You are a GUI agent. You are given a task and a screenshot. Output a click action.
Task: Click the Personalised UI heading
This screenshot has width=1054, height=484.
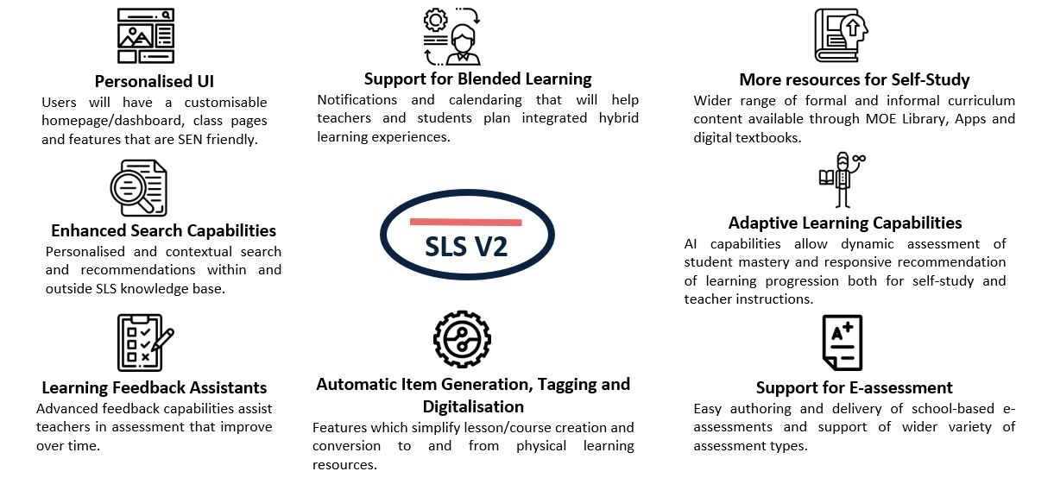pyautogui.click(x=155, y=81)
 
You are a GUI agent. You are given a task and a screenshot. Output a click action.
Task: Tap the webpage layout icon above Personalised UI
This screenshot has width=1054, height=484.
pyautogui.click(x=146, y=35)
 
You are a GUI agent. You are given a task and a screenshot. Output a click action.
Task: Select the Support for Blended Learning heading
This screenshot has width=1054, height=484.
pyautogui.click(x=477, y=79)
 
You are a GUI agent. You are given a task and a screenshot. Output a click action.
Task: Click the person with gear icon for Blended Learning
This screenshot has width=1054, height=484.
pyautogui.click(x=451, y=36)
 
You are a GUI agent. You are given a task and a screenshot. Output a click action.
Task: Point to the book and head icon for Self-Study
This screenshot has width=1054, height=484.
pyautogui.click(x=842, y=35)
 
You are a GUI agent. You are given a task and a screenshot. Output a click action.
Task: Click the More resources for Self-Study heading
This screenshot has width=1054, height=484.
pyautogui.click(x=855, y=80)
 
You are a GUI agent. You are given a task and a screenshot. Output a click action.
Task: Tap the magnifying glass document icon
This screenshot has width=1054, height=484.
pyautogui.click(x=139, y=188)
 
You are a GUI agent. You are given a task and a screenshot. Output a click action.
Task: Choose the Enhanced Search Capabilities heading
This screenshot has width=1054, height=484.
pyautogui.click(x=163, y=230)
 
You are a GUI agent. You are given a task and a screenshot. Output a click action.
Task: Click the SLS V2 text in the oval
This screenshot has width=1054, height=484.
pyautogui.click(x=466, y=247)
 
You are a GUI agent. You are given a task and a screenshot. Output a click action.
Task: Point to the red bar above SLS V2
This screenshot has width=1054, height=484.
pyautogui.click(x=466, y=222)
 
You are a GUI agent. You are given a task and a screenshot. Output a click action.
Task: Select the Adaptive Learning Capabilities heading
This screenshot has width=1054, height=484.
pyautogui.click(x=845, y=223)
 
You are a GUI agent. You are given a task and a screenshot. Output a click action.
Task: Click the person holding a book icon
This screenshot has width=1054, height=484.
pyautogui.click(x=843, y=180)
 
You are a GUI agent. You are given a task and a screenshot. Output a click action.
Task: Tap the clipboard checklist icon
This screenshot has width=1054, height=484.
pyautogui.click(x=145, y=343)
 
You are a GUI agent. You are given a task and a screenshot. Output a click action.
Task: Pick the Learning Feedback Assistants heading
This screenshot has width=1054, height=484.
pyautogui.click(x=155, y=387)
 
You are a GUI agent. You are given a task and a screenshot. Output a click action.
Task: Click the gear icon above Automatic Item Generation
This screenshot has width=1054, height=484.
pyautogui.click(x=462, y=339)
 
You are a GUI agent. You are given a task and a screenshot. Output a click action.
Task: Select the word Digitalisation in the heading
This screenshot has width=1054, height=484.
pyautogui.click(x=473, y=406)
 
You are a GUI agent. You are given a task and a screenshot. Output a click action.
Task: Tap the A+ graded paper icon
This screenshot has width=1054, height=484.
pyautogui.click(x=843, y=343)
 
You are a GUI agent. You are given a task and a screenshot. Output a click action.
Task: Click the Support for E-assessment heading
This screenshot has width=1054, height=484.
pyautogui.click(x=854, y=387)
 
